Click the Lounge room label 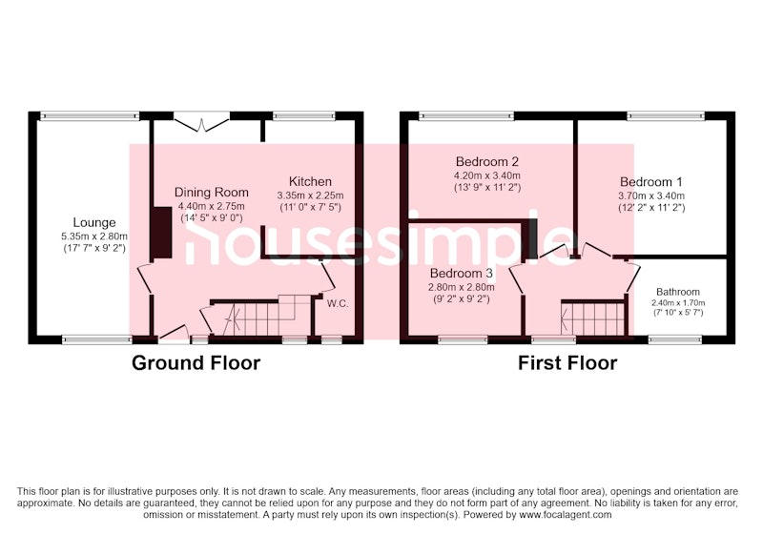click(94, 223)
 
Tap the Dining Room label click(212, 192)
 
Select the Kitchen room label click(311, 181)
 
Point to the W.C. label click(338, 304)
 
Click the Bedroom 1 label click(651, 182)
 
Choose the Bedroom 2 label click(487, 161)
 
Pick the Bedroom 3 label click(462, 274)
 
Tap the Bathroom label click(678, 292)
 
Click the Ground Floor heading click(196, 363)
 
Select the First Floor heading click(567, 363)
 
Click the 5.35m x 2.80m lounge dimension click(94, 236)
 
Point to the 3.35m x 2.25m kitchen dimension click(311, 195)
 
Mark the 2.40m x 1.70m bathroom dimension click(678, 303)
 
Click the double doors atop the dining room click(201, 122)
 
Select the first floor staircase click(592, 319)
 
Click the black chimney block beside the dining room click(161, 233)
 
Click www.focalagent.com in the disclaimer click(565, 515)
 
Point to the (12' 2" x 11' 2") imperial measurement click(651, 208)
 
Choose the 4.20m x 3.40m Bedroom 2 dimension click(487, 175)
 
